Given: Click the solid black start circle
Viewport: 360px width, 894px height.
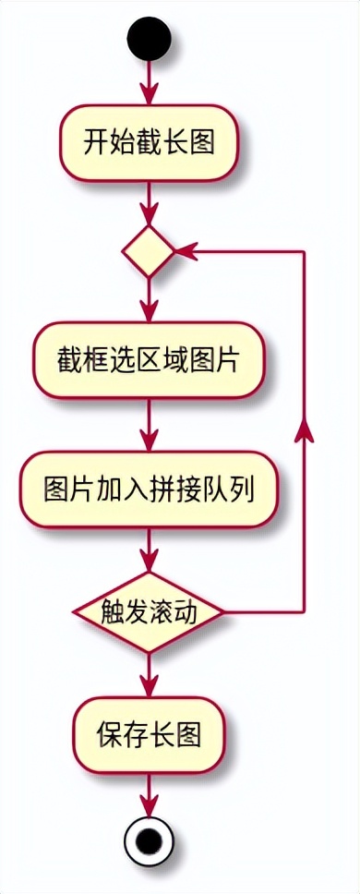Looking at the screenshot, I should [x=149, y=39].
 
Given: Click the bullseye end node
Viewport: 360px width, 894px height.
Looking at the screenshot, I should [x=149, y=841].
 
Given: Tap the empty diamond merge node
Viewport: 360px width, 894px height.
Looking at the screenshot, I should [x=149, y=251].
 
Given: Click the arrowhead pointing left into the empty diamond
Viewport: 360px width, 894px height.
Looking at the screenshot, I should [x=183, y=251].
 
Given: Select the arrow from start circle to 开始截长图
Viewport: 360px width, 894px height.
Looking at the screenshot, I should [x=149, y=83].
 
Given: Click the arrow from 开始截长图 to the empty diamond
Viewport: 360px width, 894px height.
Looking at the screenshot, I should [x=149, y=201].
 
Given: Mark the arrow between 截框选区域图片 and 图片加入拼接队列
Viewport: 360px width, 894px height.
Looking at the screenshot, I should [x=149, y=425].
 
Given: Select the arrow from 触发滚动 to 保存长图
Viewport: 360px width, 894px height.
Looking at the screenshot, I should [x=149, y=674].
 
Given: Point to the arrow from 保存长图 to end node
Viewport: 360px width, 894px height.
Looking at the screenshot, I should [x=149, y=793].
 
